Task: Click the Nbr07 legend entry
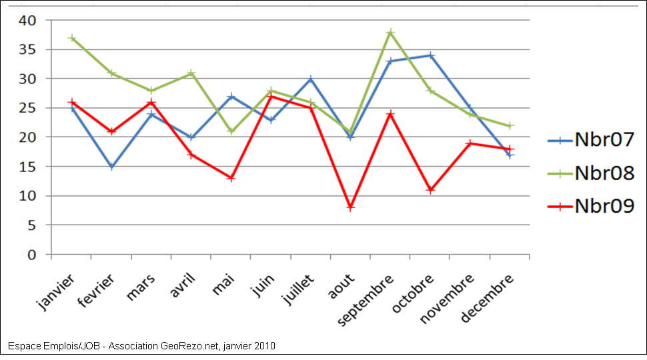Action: coord(590,140)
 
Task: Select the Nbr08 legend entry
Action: coord(590,173)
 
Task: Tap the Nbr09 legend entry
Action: coord(590,206)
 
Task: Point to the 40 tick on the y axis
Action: coord(27,20)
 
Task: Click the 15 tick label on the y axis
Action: coord(27,167)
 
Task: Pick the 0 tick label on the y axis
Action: coord(31,255)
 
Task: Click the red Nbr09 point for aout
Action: coord(351,207)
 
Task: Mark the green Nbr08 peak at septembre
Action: coord(391,32)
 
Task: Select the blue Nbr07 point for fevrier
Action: coord(112,167)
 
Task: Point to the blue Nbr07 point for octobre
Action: coord(430,55)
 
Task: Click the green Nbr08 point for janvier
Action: coord(72,38)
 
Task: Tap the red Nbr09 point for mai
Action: coord(231,178)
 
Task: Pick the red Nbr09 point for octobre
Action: coord(430,190)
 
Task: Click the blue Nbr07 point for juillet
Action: coord(311,79)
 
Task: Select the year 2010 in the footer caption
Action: coord(264,346)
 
